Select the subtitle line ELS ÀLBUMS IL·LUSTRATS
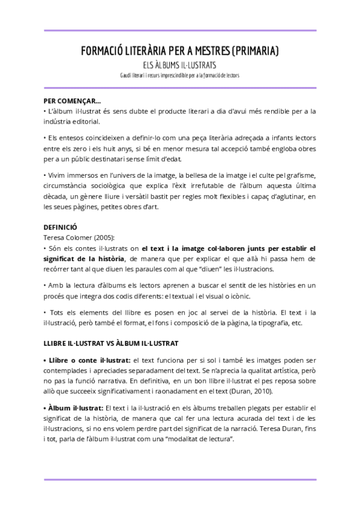pyautogui.click(x=179, y=65)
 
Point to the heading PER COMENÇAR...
pyautogui.click(x=72, y=101)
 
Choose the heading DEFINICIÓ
pyautogui.click(x=61, y=228)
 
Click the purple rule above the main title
pyautogui.click(x=180, y=30)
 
